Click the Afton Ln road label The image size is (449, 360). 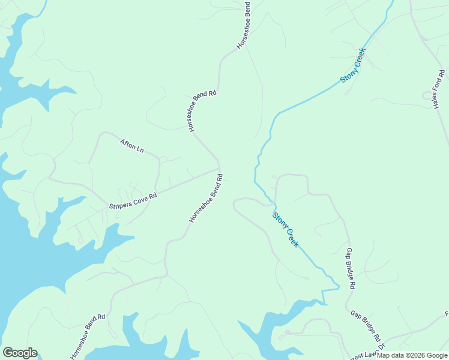(x=132, y=145)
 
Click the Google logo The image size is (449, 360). (x=20, y=353)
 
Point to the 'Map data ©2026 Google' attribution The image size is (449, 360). (x=412, y=355)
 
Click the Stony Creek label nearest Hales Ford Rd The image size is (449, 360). (x=352, y=65)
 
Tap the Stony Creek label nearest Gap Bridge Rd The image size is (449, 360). (x=285, y=230)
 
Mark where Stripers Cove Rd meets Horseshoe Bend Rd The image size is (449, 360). (x=218, y=169)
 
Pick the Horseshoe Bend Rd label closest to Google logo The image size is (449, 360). (x=88, y=337)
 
